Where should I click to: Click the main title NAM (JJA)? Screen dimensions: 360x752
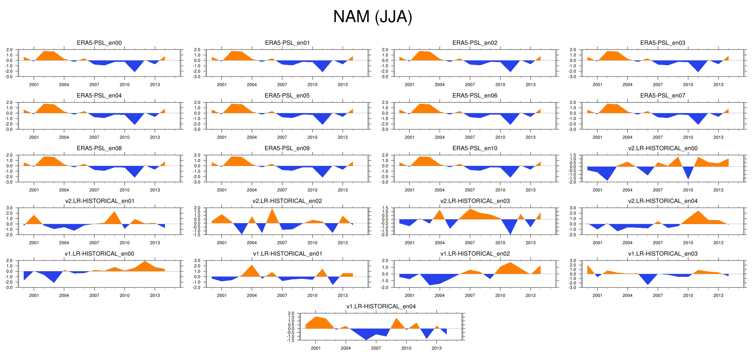tap(373, 17)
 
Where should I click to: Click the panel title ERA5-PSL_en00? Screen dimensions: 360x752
tap(99, 43)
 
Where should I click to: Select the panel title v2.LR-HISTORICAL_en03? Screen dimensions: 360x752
tap(475, 201)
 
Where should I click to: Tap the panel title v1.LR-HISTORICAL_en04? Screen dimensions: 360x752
tap(381, 307)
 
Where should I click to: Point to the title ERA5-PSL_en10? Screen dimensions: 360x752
tap(475, 148)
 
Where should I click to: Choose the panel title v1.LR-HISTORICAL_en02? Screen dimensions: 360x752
tap(475, 254)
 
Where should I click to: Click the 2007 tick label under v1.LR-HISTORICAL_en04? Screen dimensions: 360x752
tap(376, 348)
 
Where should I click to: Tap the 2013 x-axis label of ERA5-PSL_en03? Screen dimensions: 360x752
tap(718, 84)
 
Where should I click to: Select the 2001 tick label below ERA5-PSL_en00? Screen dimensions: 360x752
tap(34, 84)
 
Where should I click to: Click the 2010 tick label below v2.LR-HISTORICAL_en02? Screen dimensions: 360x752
tap(312, 243)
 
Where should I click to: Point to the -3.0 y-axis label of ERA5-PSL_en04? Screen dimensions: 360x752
tap(9, 129)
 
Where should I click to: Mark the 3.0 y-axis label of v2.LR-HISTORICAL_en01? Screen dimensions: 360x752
tap(9, 208)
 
